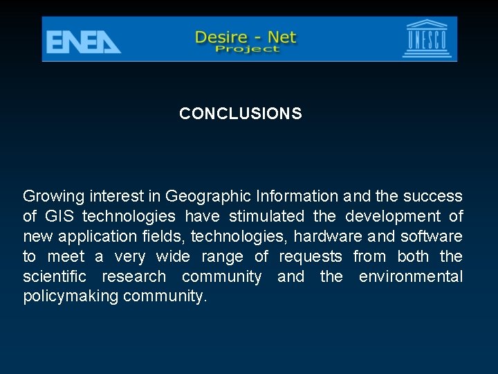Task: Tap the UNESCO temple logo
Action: coord(427,39)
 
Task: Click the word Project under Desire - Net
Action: coord(247,49)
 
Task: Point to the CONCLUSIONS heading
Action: coord(241,114)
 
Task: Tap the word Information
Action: coord(295,196)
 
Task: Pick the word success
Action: coord(433,196)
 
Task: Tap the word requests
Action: coord(311,256)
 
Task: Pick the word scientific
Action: coord(55,277)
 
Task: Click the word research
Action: coord(134,277)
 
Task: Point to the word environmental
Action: coord(411,277)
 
